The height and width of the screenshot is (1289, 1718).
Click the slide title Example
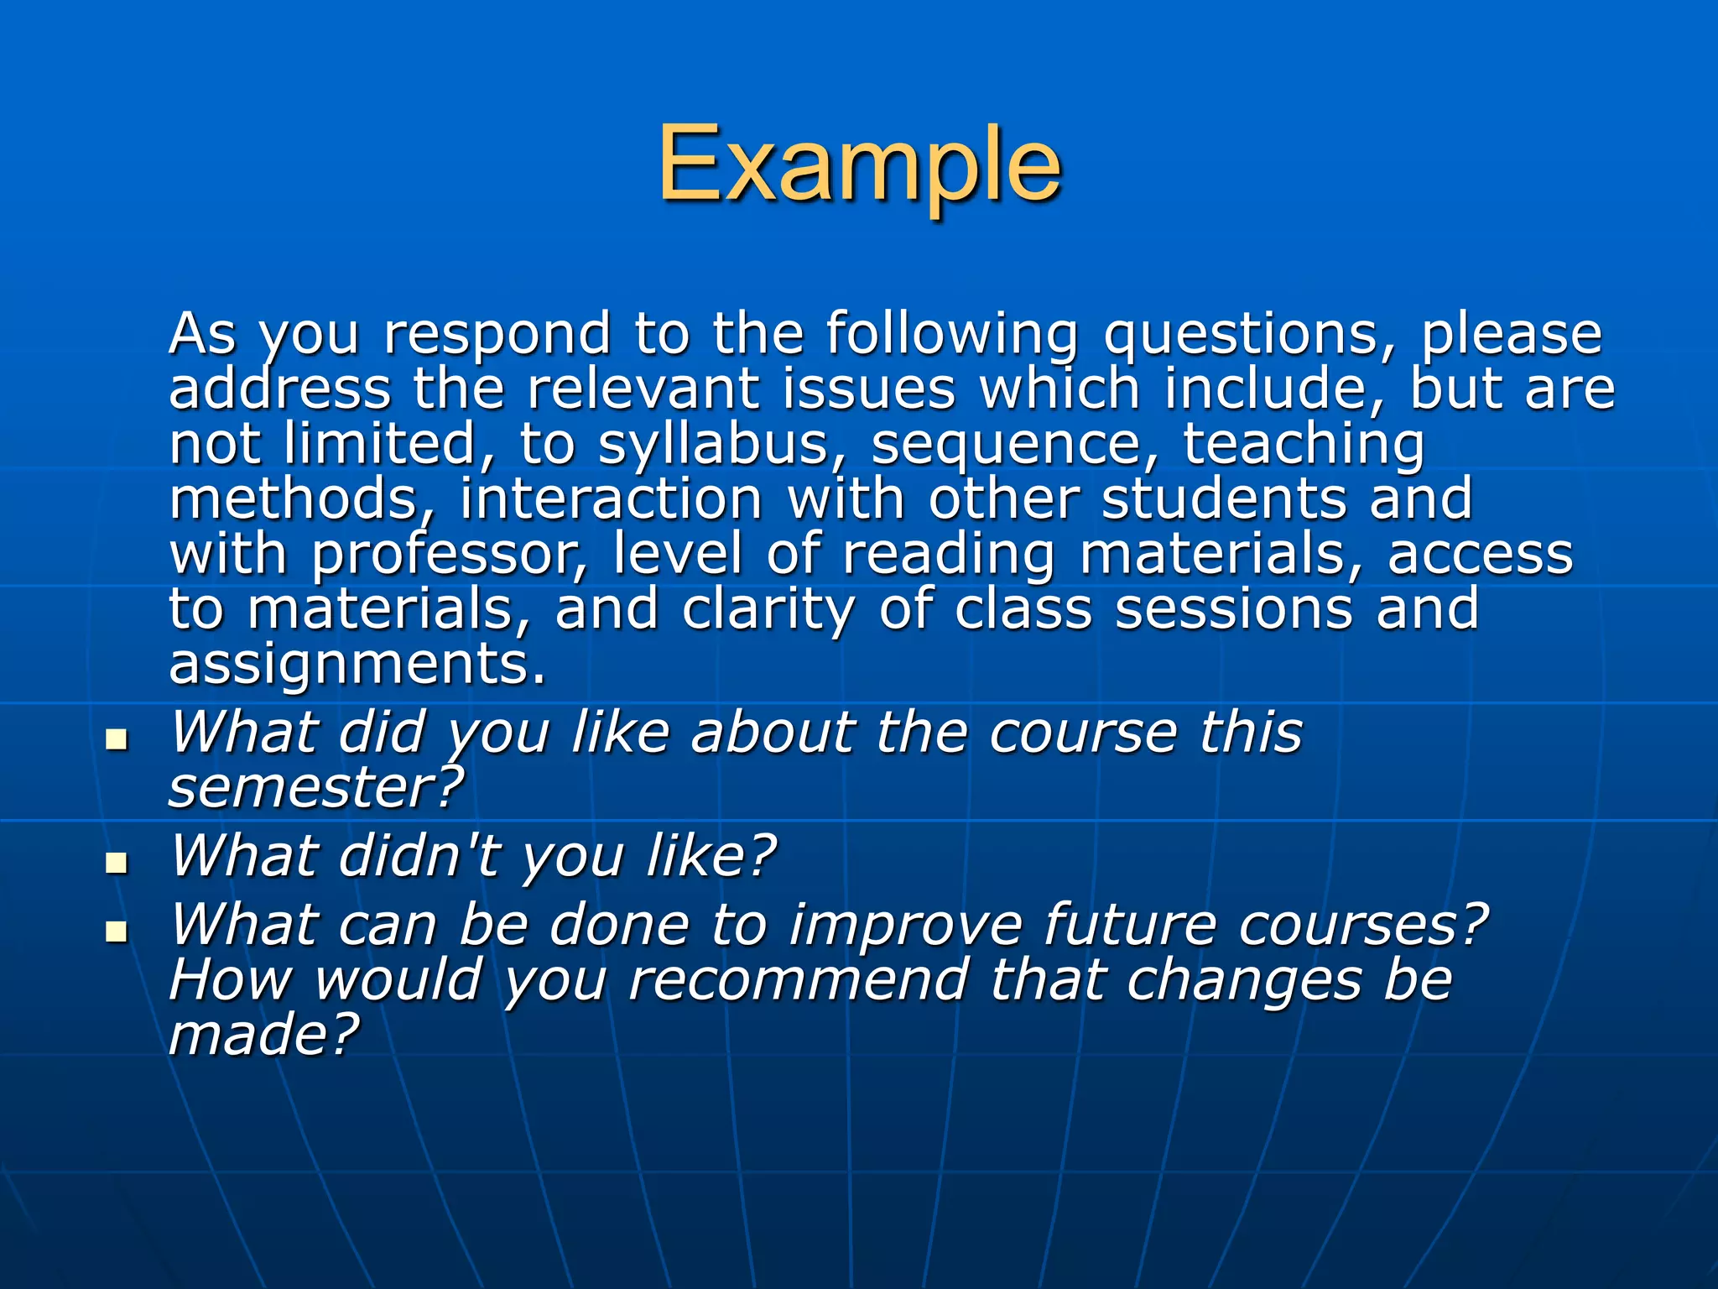click(859, 165)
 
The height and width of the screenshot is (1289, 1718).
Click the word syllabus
click(713, 445)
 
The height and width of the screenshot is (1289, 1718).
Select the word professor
click(450, 556)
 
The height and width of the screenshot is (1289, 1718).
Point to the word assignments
click(357, 665)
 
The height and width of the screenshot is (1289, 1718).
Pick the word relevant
click(643, 389)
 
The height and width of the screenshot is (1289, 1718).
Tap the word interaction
click(611, 499)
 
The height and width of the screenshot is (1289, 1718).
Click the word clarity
click(768, 611)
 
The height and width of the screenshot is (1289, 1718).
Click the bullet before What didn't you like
click(117, 862)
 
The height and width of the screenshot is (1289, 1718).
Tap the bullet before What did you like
click(117, 739)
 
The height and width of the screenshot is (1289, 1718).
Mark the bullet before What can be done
click(117, 931)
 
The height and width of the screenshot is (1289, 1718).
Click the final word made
click(263, 1034)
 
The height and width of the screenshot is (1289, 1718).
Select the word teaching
click(1304, 445)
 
